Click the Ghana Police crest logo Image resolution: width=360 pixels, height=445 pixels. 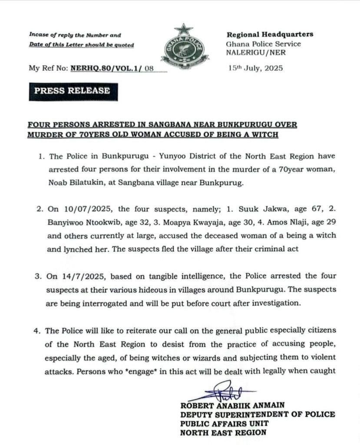pos(183,46)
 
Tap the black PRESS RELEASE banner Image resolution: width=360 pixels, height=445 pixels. pos(72,91)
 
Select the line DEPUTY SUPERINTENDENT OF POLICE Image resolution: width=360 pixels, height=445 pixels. pos(258,415)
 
